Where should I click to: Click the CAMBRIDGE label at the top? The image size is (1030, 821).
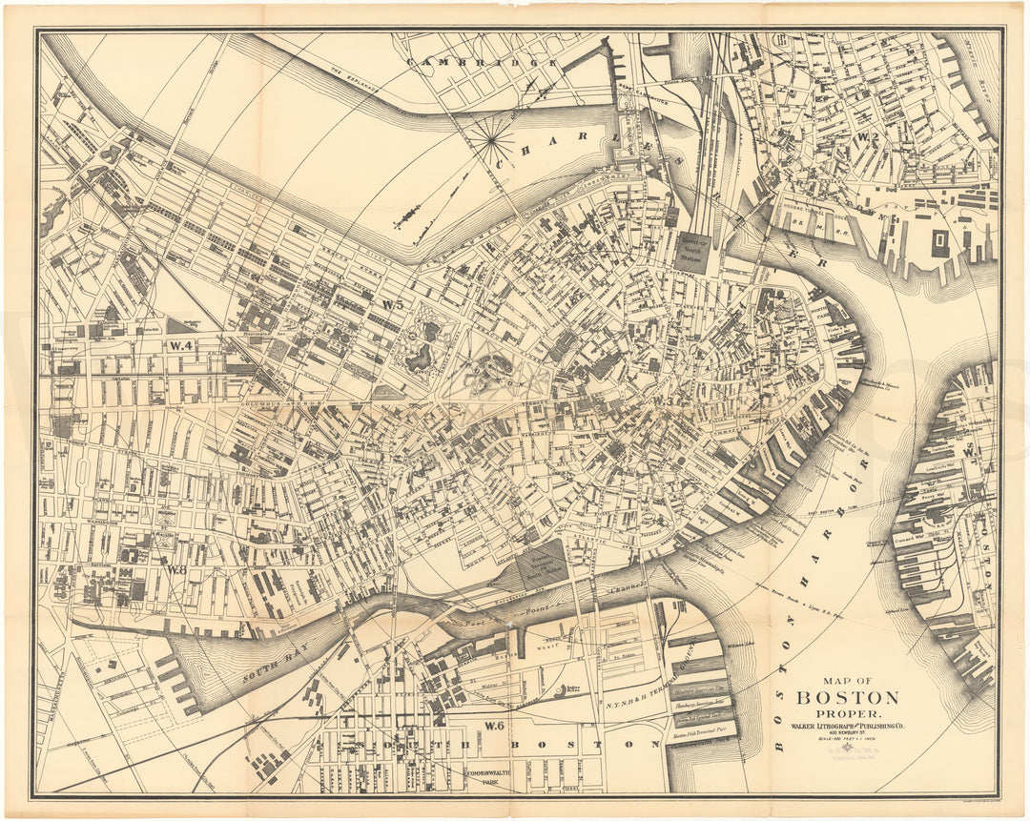(482, 63)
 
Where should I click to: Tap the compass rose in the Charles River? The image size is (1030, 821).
(492, 142)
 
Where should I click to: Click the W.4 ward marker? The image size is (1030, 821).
(181, 345)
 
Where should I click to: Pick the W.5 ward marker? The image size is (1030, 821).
(393, 304)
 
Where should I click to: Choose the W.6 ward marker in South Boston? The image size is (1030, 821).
(492, 726)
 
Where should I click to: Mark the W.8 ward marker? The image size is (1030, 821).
(176, 569)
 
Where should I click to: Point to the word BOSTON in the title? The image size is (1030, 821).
(847, 697)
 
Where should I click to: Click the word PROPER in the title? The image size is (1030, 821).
(847, 714)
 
